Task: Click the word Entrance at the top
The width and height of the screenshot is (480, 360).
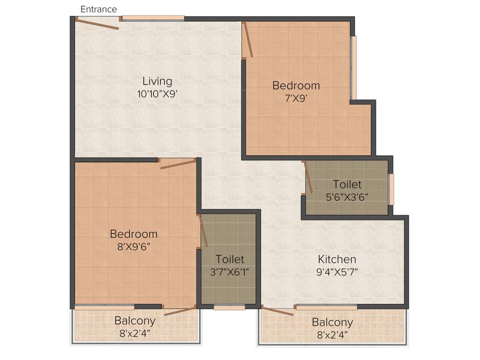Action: tap(99, 9)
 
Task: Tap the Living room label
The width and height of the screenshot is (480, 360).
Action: tap(157, 82)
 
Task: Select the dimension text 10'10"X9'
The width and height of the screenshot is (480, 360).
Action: tap(157, 94)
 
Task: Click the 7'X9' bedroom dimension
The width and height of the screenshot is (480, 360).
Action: tap(296, 98)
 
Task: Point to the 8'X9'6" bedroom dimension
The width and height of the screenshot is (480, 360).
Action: tap(134, 246)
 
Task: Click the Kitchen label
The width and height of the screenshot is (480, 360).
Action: tap(337, 259)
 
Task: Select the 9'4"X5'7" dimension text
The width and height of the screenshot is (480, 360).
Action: tap(337, 272)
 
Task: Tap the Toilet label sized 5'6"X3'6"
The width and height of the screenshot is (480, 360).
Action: tap(347, 184)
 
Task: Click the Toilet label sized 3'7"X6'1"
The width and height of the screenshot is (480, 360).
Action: tap(230, 259)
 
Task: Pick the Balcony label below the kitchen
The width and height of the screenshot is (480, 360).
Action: tap(332, 322)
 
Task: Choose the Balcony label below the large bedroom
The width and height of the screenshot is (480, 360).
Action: tap(135, 321)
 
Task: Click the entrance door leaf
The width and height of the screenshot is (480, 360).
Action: tap(97, 23)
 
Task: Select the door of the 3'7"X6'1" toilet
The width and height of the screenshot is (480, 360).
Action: tap(204, 231)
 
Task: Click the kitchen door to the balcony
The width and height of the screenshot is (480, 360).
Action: tap(277, 311)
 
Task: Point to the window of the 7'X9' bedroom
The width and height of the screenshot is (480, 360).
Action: tap(353, 67)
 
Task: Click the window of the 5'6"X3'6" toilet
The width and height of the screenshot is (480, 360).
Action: tap(391, 189)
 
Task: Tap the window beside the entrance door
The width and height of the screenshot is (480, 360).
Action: tap(153, 18)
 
